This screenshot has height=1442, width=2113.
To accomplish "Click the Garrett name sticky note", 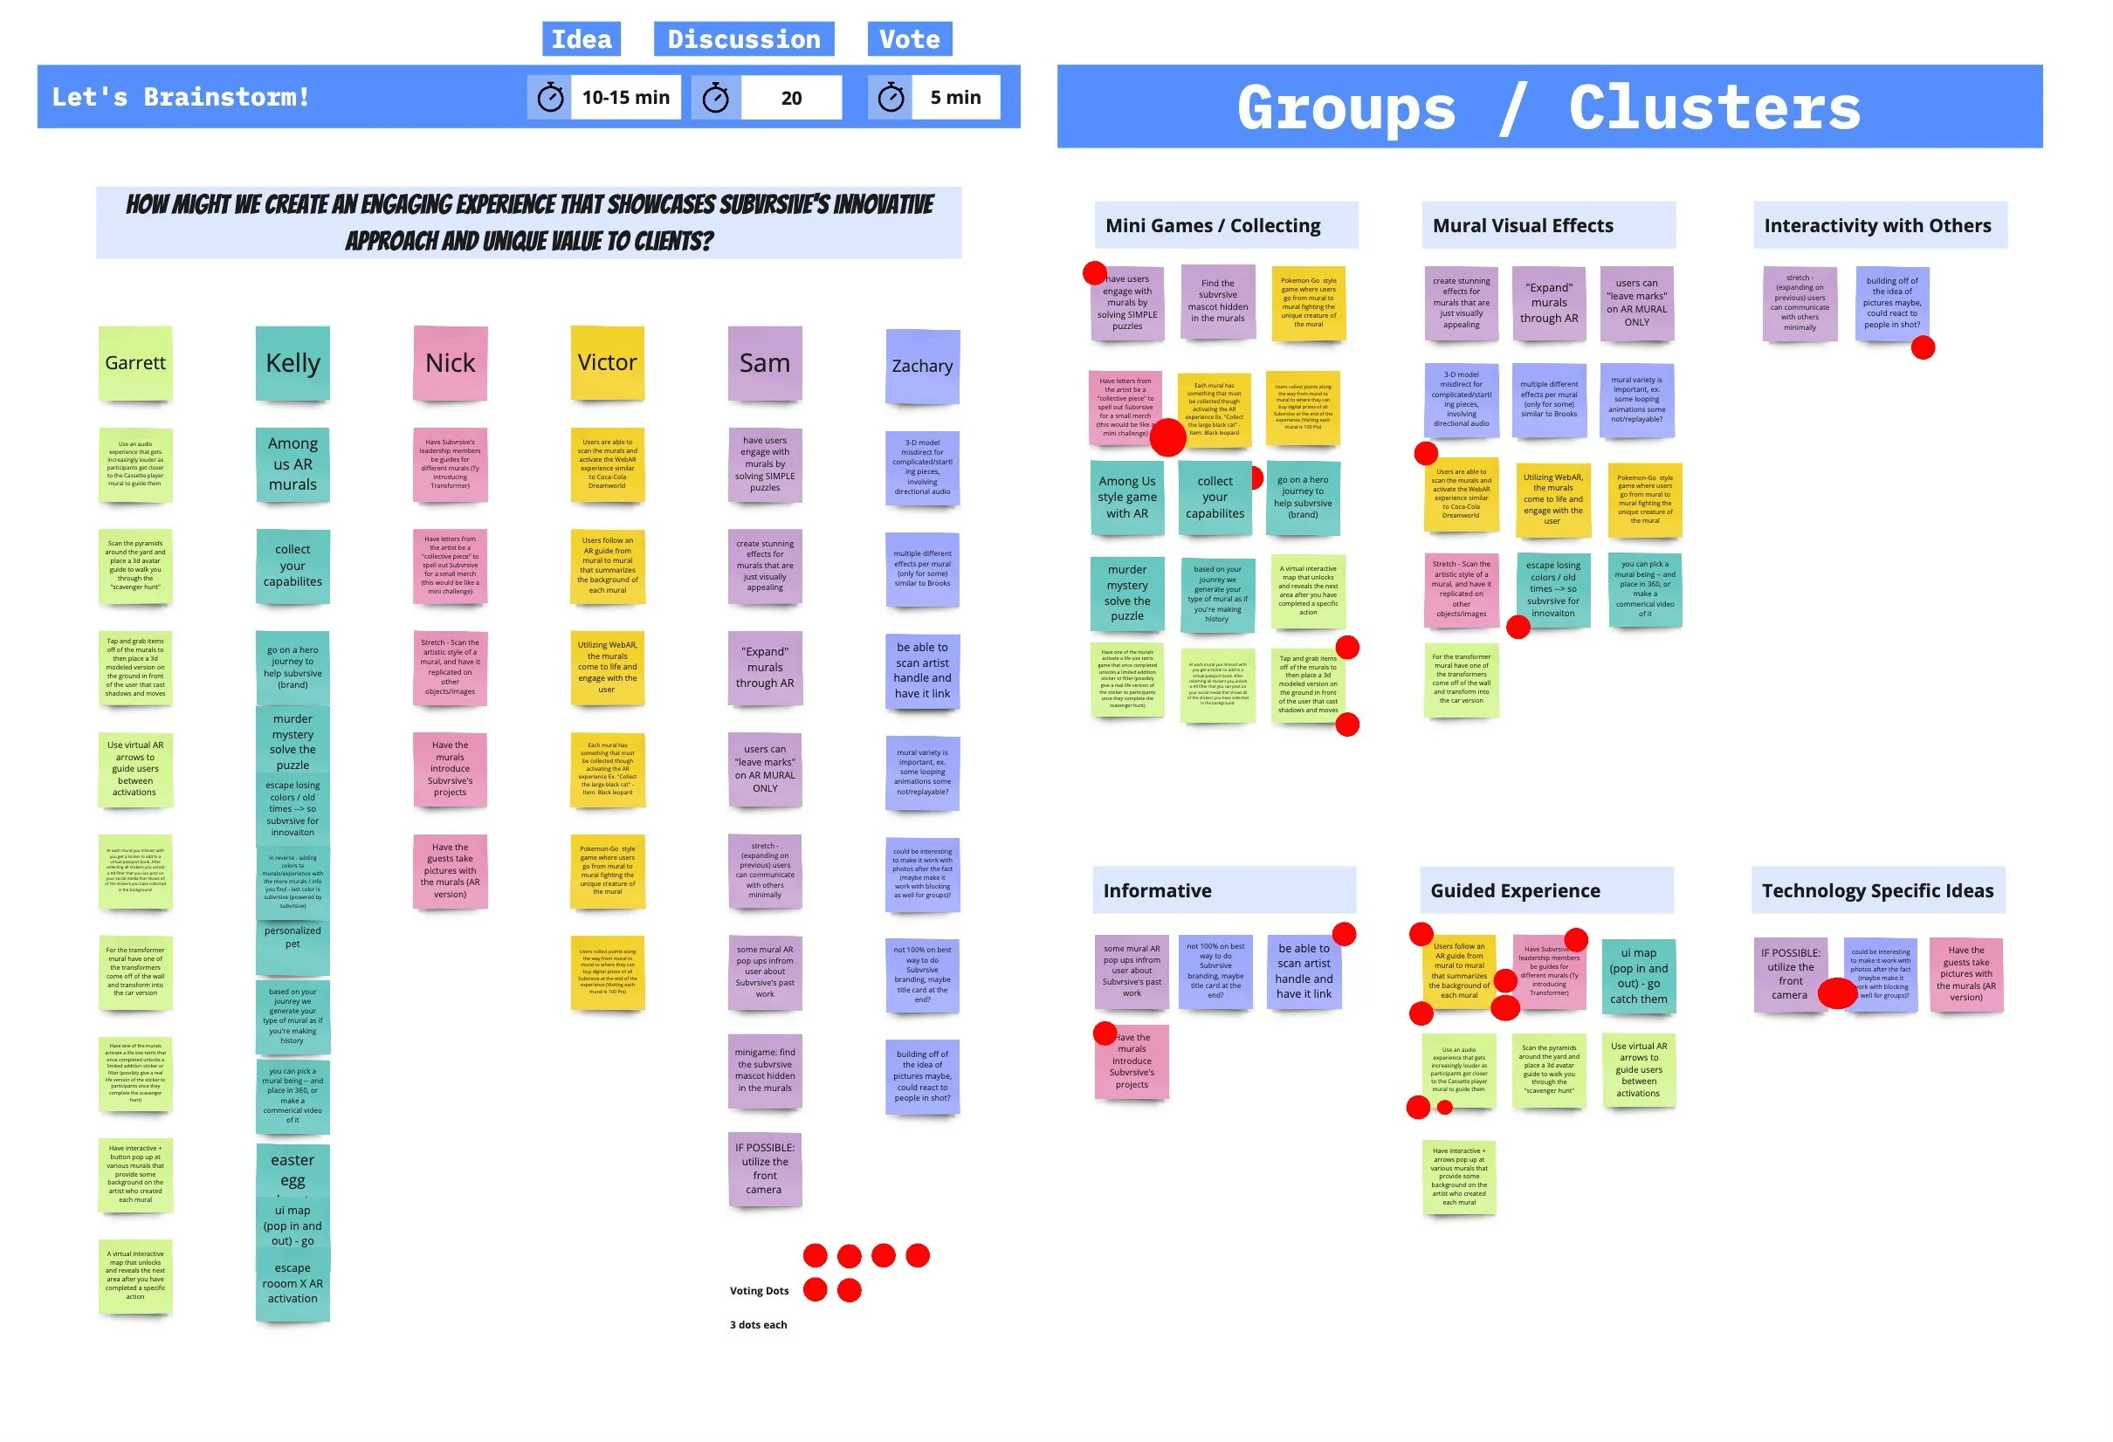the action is [x=134, y=364].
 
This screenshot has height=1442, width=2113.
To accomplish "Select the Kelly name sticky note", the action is [x=292, y=364].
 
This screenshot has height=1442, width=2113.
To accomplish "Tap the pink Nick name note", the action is [x=450, y=364].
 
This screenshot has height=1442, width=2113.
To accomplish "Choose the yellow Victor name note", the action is [x=608, y=363].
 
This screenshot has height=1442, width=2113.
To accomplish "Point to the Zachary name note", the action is [x=922, y=367].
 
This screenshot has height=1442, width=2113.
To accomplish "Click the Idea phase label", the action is [x=581, y=39].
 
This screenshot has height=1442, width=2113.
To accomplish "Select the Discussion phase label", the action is [x=743, y=39].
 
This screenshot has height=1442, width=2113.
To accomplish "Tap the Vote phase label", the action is [x=909, y=39].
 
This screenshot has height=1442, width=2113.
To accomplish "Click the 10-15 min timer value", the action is [x=625, y=97].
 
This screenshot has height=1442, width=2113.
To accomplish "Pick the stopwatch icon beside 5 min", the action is [x=890, y=97].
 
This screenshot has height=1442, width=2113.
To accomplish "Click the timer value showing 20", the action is [x=791, y=98].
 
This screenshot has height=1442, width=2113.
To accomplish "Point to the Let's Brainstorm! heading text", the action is [x=180, y=97].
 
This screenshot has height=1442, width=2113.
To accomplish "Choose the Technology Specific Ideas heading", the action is [x=1877, y=890].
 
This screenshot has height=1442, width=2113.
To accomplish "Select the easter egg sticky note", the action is [x=292, y=1170].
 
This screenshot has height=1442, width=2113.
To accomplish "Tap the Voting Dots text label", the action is [x=759, y=1290].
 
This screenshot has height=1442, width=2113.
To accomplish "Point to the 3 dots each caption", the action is [x=758, y=1325].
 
